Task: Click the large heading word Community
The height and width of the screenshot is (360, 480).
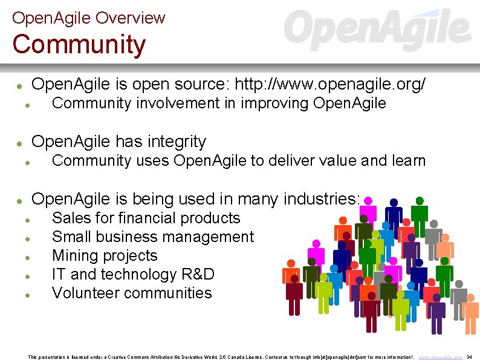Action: point(79,45)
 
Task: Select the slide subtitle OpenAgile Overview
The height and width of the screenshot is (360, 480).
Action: point(88,18)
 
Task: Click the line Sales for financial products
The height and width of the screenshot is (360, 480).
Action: point(146,218)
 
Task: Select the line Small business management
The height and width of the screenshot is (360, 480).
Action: point(153,237)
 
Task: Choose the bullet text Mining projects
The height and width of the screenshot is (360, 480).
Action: point(105,255)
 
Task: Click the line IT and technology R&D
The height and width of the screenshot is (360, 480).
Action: point(133,274)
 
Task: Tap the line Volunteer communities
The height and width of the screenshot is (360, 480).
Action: point(132,293)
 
